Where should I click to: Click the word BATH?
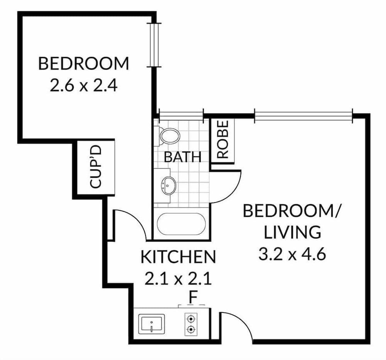(182, 157)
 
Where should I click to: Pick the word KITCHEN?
(178, 257)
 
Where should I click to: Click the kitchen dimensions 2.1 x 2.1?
(178, 278)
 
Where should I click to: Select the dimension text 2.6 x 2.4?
(83, 85)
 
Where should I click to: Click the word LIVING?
(292, 233)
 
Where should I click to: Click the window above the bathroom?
(181, 114)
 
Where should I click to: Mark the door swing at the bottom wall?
(236, 326)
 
